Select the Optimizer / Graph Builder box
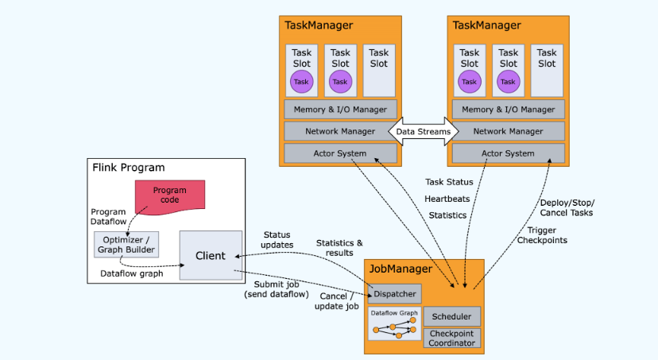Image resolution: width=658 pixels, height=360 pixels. (126, 244)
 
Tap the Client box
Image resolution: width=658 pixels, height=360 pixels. (211, 255)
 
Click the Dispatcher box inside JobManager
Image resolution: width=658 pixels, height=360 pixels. (395, 293)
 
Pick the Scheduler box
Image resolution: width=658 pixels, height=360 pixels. (452, 316)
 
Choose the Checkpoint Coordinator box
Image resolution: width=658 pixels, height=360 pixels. (452, 338)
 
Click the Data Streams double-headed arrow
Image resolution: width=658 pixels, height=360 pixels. (423, 131)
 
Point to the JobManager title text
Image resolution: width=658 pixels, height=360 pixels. (402, 269)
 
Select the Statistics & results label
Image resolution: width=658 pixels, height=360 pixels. (339, 247)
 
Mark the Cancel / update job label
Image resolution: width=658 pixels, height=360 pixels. (337, 301)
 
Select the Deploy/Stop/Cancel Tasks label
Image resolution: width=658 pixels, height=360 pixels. (566, 207)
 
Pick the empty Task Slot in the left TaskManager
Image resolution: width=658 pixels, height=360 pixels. (378, 70)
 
